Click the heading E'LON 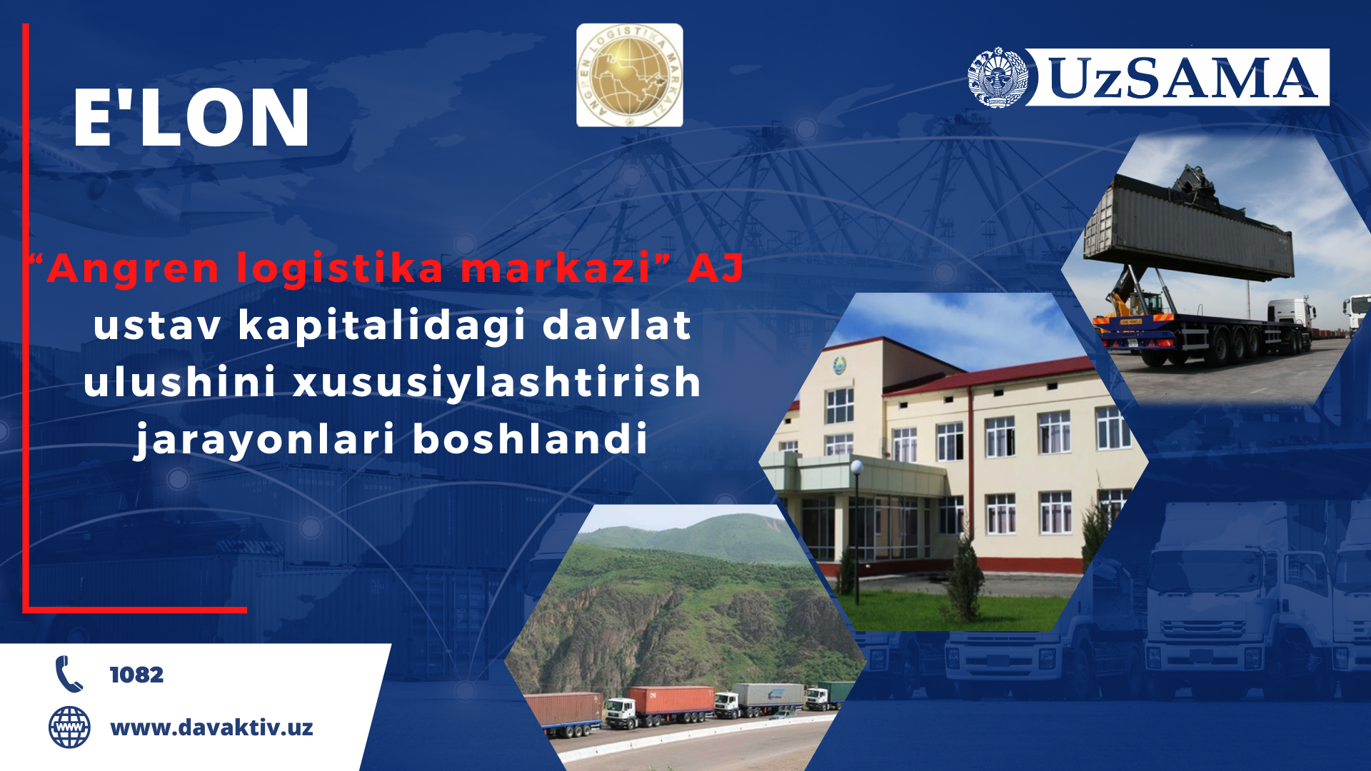pyautogui.click(x=191, y=118)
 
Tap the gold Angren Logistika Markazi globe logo pyautogui.click(x=630, y=75)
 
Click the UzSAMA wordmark pyautogui.click(x=1182, y=78)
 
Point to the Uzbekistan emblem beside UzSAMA pyautogui.click(x=998, y=78)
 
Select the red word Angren pyautogui.click(x=133, y=270)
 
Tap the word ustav pyautogui.click(x=157, y=326)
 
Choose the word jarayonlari pyautogui.click(x=264, y=440)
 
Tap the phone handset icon pyautogui.click(x=69, y=674)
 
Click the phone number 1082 pyautogui.click(x=136, y=675)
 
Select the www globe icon pyautogui.click(x=69, y=727)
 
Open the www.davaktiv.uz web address pyautogui.click(x=211, y=727)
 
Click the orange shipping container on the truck pyautogui.click(x=671, y=700)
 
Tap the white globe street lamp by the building pyautogui.click(x=857, y=468)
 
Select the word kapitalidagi pyautogui.click(x=382, y=327)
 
